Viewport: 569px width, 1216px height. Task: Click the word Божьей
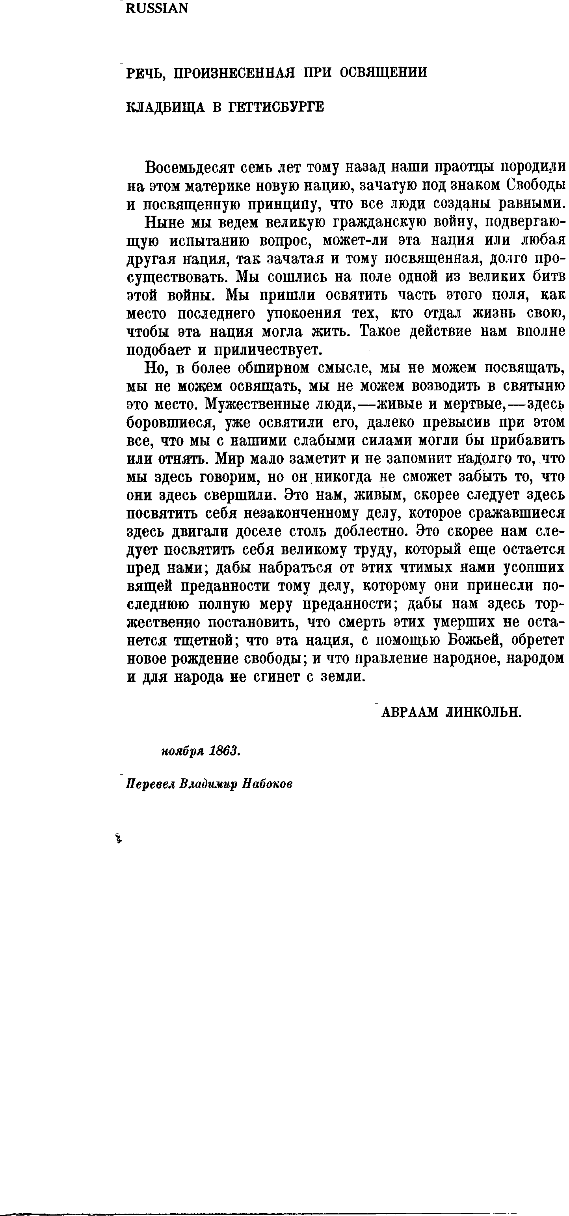[473, 641]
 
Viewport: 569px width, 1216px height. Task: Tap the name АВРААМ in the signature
[409, 712]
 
